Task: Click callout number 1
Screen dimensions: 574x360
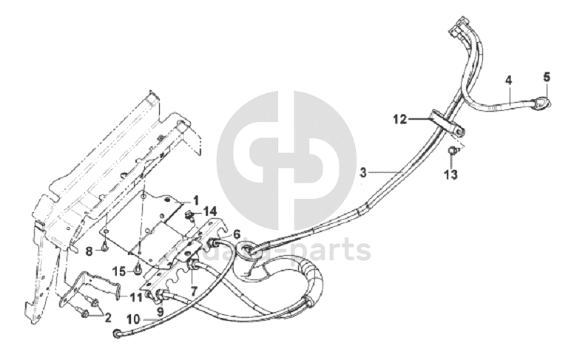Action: click(x=196, y=200)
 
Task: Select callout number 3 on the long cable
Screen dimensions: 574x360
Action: click(x=363, y=173)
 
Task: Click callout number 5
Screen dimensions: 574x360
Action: click(x=547, y=76)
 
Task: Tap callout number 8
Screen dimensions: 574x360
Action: click(x=88, y=251)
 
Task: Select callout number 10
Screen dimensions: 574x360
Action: click(x=132, y=319)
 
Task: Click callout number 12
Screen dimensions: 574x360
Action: click(x=399, y=119)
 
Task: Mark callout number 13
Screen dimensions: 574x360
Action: click(x=450, y=174)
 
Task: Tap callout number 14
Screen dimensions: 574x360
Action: click(x=211, y=211)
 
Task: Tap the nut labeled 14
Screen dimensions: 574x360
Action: click(x=189, y=216)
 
